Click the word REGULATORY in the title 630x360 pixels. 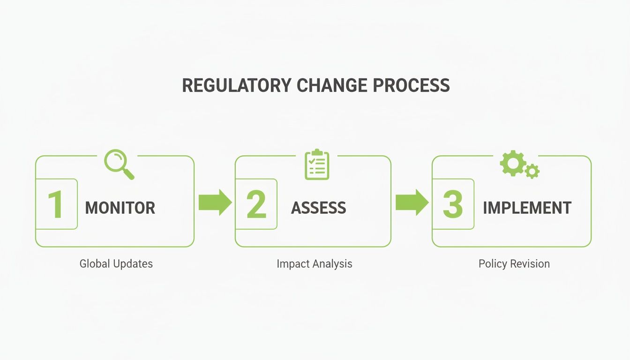point(237,86)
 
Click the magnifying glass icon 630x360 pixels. point(118,164)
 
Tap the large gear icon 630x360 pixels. point(512,163)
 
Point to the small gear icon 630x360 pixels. point(532,171)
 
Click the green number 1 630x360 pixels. point(56,205)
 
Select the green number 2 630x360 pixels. point(256,205)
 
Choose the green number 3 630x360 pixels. point(453,205)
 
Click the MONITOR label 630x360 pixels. point(120,208)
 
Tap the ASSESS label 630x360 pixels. point(318,208)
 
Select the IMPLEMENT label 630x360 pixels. point(527,208)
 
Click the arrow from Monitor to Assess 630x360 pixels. point(215,202)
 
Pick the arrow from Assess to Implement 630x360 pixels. point(412,202)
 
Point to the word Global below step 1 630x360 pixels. point(95,263)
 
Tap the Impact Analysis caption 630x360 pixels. point(314,264)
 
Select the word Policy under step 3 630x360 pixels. point(493,264)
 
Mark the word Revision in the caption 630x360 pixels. point(531,264)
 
